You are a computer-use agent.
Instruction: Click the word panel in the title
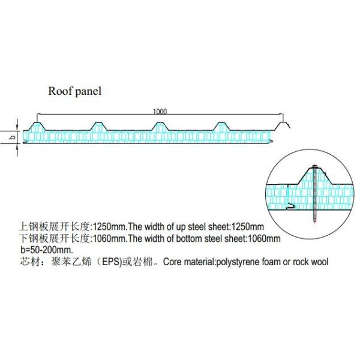click(88, 92)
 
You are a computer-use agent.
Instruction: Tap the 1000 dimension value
click(160, 111)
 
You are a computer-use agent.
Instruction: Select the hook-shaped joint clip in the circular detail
click(290, 206)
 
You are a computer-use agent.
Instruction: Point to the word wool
click(319, 262)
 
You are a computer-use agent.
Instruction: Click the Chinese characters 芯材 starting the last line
click(27, 262)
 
